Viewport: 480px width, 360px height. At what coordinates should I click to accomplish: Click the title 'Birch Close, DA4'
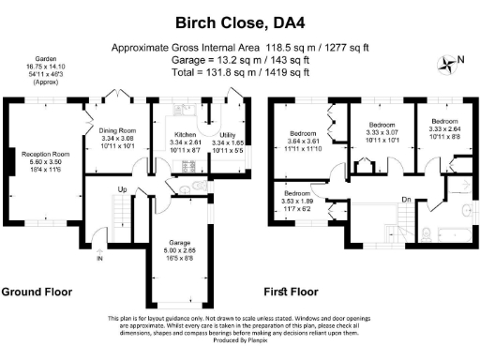[x=239, y=21]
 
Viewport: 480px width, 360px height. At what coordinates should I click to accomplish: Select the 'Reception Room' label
[x=47, y=154]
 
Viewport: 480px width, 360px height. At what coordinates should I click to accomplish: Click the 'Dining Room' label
[x=118, y=130]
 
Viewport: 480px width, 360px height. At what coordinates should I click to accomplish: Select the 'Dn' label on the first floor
[x=405, y=200]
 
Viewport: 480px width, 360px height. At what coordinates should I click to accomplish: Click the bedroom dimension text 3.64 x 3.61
[x=307, y=142]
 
